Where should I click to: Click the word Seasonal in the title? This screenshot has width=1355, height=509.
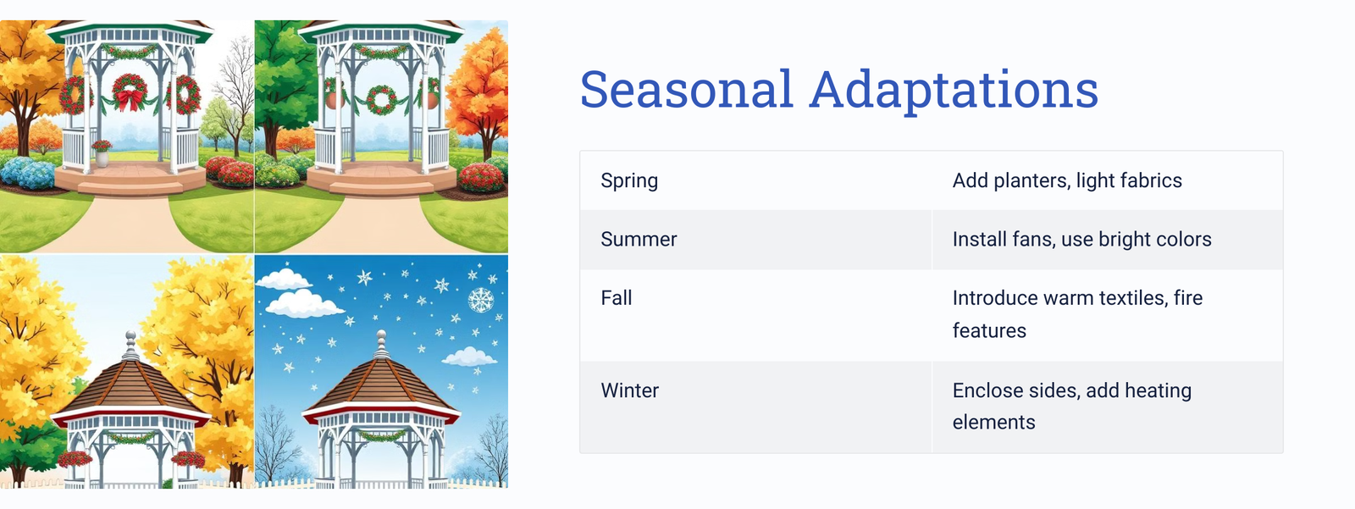(686, 89)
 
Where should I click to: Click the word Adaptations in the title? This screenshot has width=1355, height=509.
(954, 91)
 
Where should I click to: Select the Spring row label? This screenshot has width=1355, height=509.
(629, 180)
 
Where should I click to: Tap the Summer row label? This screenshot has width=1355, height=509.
(639, 239)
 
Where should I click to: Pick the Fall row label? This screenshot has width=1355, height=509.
(616, 298)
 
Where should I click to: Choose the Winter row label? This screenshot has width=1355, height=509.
(630, 390)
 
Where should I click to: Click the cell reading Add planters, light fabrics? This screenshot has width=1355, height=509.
(1067, 180)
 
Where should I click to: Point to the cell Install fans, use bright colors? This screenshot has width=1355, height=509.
(1081, 239)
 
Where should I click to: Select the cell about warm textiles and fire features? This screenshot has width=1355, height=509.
(1077, 314)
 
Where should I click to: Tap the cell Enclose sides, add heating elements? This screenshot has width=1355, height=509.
(1072, 407)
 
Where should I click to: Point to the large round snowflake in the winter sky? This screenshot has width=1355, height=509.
(481, 300)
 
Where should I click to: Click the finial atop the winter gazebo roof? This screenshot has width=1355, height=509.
(381, 345)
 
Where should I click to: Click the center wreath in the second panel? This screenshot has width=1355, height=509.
(382, 100)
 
